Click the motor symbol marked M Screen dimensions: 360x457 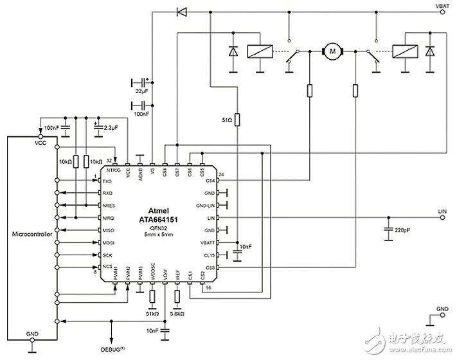pos(332,50)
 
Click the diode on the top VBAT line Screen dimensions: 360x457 pos(181,11)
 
